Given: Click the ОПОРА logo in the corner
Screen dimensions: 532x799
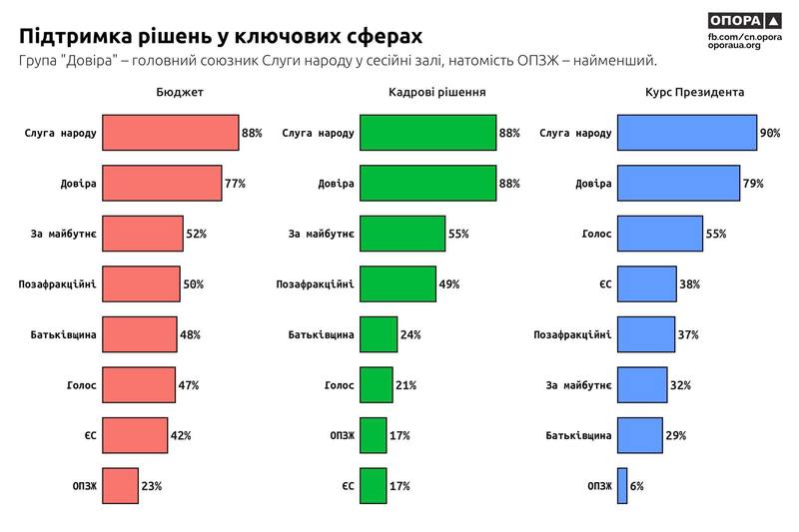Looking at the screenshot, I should point(748,20).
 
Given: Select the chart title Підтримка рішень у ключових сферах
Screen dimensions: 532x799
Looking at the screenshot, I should point(221,35).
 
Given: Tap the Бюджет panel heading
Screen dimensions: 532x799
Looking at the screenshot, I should point(180,93).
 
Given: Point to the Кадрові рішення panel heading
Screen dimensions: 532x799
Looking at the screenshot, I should point(436,93).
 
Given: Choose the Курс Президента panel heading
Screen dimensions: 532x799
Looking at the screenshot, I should point(694,93).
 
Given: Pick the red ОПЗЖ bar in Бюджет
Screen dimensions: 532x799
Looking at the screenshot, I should point(120,486).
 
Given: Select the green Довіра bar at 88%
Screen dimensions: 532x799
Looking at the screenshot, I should point(427,184).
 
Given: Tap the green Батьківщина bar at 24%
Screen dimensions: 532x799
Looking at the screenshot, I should point(379,334).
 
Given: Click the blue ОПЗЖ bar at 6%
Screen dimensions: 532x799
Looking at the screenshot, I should point(621,486).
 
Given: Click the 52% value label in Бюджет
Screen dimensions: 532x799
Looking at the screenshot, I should point(196,234).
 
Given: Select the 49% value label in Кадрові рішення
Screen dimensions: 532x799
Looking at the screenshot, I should point(448,284).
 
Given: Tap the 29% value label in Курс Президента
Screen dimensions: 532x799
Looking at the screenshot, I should point(675,435).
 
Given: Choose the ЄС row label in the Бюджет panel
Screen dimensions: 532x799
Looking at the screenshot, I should point(90,435).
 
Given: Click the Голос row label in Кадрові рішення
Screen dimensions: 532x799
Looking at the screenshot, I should point(340,385).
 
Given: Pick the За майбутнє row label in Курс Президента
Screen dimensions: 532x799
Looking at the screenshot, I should point(578,385).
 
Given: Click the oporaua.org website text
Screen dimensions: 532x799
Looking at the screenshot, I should point(733,46).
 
